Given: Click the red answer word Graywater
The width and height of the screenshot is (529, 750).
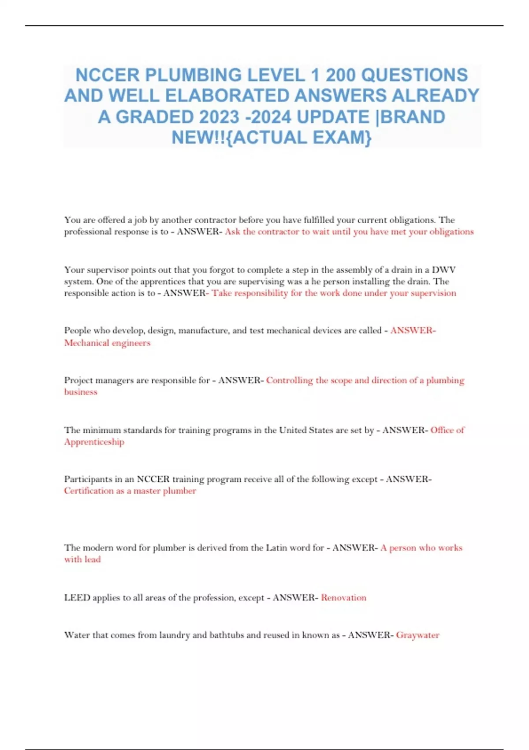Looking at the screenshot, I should pyautogui.click(x=417, y=635).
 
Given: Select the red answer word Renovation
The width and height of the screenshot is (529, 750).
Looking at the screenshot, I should pyautogui.click(x=343, y=597).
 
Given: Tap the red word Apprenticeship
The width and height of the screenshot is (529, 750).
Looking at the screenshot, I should pyautogui.click(x=94, y=442).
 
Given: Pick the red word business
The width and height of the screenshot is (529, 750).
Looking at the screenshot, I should pyautogui.click(x=81, y=392).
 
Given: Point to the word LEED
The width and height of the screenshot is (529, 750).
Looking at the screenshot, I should pyautogui.click(x=77, y=597).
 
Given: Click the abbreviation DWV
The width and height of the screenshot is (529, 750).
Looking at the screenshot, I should pyautogui.click(x=443, y=270).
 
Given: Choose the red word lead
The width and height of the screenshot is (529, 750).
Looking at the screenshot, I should pyautogui.click(x=93, y=559).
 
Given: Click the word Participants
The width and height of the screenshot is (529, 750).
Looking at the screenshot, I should pyautogui.click(x=87, y=479).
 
